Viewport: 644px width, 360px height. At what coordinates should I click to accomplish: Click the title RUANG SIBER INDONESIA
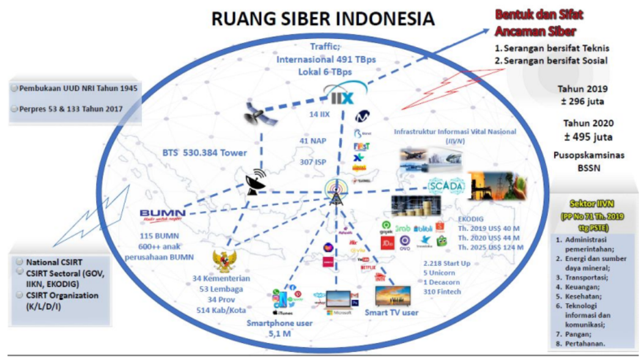click(x=323, y=18)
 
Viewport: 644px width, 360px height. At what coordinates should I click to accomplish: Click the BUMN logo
click(x=162, y=214)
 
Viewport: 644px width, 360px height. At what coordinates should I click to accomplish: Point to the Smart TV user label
click(x=391, y=312)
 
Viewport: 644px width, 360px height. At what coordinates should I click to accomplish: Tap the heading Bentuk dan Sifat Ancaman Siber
click(x=536, y=23)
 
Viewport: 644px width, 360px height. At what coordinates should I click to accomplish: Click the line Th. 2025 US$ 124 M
click(x=490, y=247)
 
